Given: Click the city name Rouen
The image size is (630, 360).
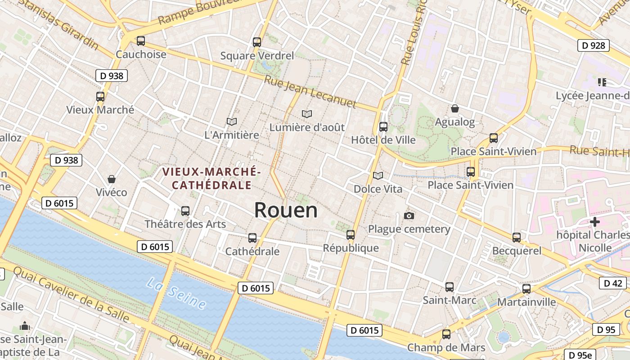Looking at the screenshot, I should click(x=286, y=210).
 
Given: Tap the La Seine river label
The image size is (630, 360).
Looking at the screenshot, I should click(x=176, y=293).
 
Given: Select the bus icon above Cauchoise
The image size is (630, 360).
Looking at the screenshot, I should click(x=141, y=41).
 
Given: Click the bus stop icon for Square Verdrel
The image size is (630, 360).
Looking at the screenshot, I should click(x=257, y=42).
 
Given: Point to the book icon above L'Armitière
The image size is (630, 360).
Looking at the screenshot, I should click(x=232, y=121).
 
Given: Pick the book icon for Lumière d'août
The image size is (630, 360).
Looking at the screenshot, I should click(x=307, y=114).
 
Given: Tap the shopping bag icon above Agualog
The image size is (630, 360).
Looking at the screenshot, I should click(x=455, y=108).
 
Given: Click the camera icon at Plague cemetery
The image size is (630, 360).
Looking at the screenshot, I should click(x=409, y=216).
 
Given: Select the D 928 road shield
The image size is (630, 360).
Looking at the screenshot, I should click(x=593, y=45).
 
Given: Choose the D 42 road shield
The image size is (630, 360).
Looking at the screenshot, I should click(x=612, y=283).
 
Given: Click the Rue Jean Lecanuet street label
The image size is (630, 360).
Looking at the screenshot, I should click(x=310, y=92).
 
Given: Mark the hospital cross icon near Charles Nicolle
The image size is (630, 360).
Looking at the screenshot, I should click(x=595, y=221).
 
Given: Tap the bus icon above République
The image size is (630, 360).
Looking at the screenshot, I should click(x=351, y=234).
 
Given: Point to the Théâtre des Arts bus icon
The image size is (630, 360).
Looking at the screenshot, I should click(x=185, y=211).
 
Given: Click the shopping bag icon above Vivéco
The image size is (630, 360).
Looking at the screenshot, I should click(x=112, y=179).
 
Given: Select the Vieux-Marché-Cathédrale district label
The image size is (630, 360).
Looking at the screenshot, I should click(x=211, y=178).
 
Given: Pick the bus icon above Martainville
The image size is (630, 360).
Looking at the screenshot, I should click(x=526, y=288).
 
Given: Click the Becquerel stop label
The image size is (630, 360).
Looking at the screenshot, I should click(x=517, y=251).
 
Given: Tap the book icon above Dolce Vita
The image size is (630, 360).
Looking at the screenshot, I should click(x=378, y=175).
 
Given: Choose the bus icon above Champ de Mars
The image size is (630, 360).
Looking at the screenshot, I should click(x=446, y=334).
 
